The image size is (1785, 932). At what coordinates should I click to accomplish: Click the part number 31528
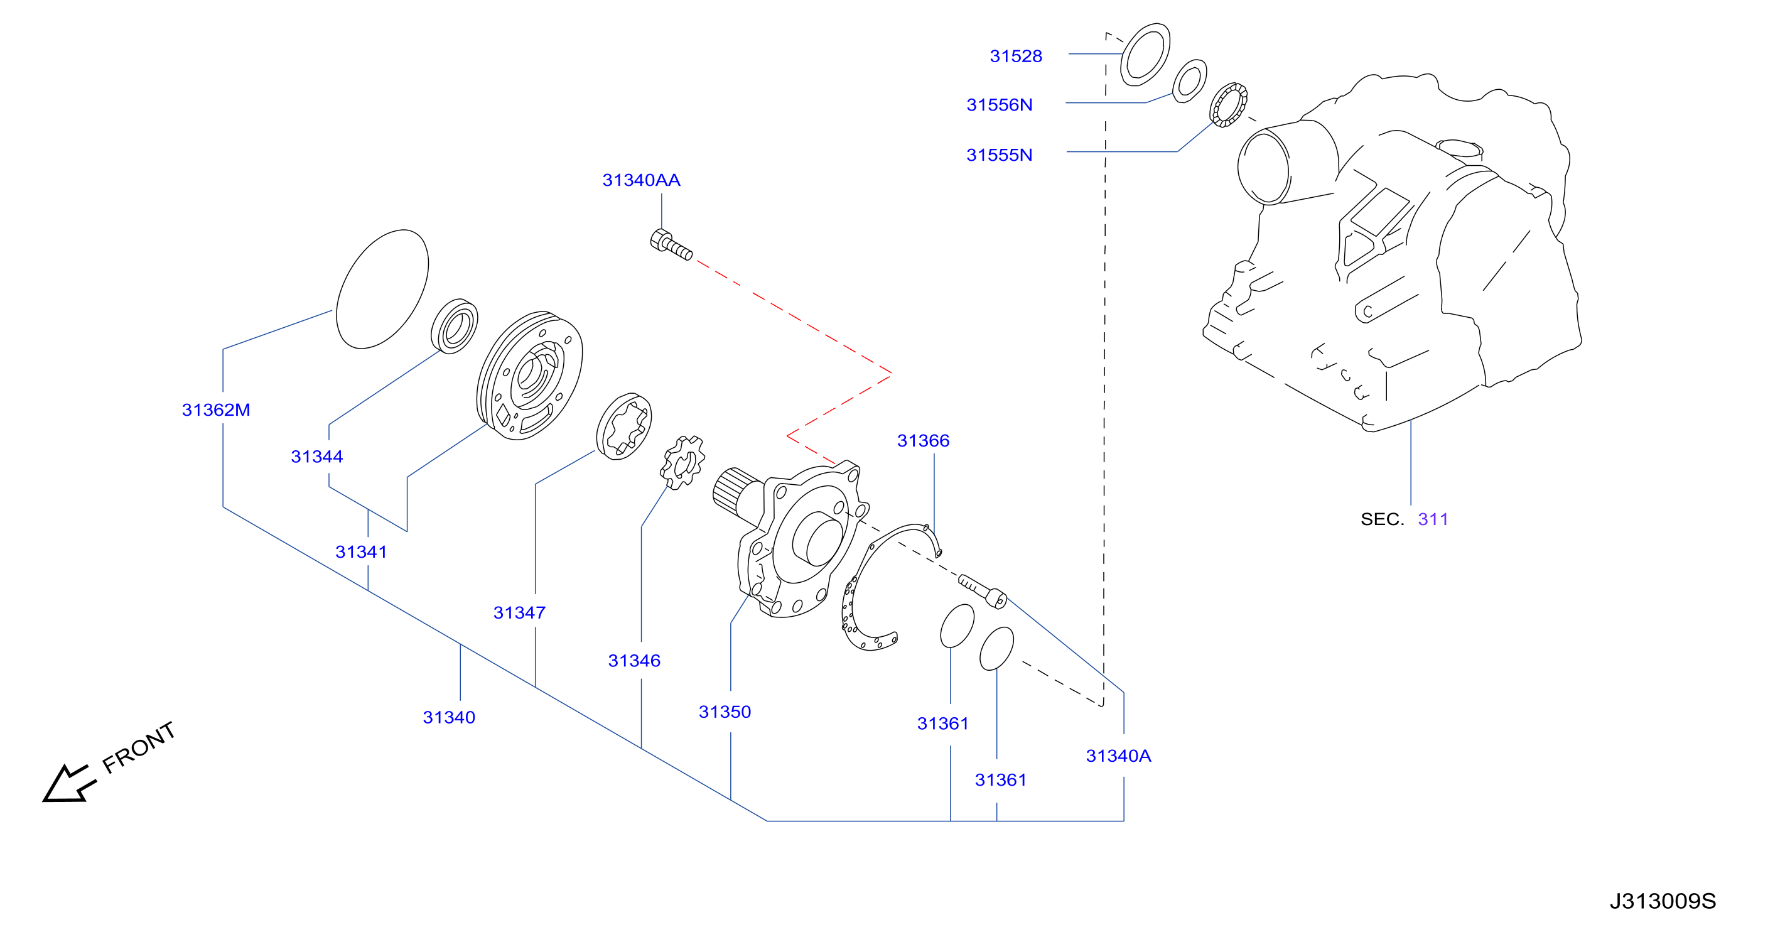1015,56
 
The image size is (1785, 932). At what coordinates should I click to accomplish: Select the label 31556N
999,105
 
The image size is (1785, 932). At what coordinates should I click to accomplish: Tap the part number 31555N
999,154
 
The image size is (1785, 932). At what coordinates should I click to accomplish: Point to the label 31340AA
641,180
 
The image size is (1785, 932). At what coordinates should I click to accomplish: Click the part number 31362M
215,409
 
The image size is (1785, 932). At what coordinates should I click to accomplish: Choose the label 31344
316,457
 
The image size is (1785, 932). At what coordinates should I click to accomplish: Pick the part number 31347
519,612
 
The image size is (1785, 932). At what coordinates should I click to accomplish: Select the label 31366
923,441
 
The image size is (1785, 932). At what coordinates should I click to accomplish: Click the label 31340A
1118,756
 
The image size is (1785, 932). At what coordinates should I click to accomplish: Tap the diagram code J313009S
1663,901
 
